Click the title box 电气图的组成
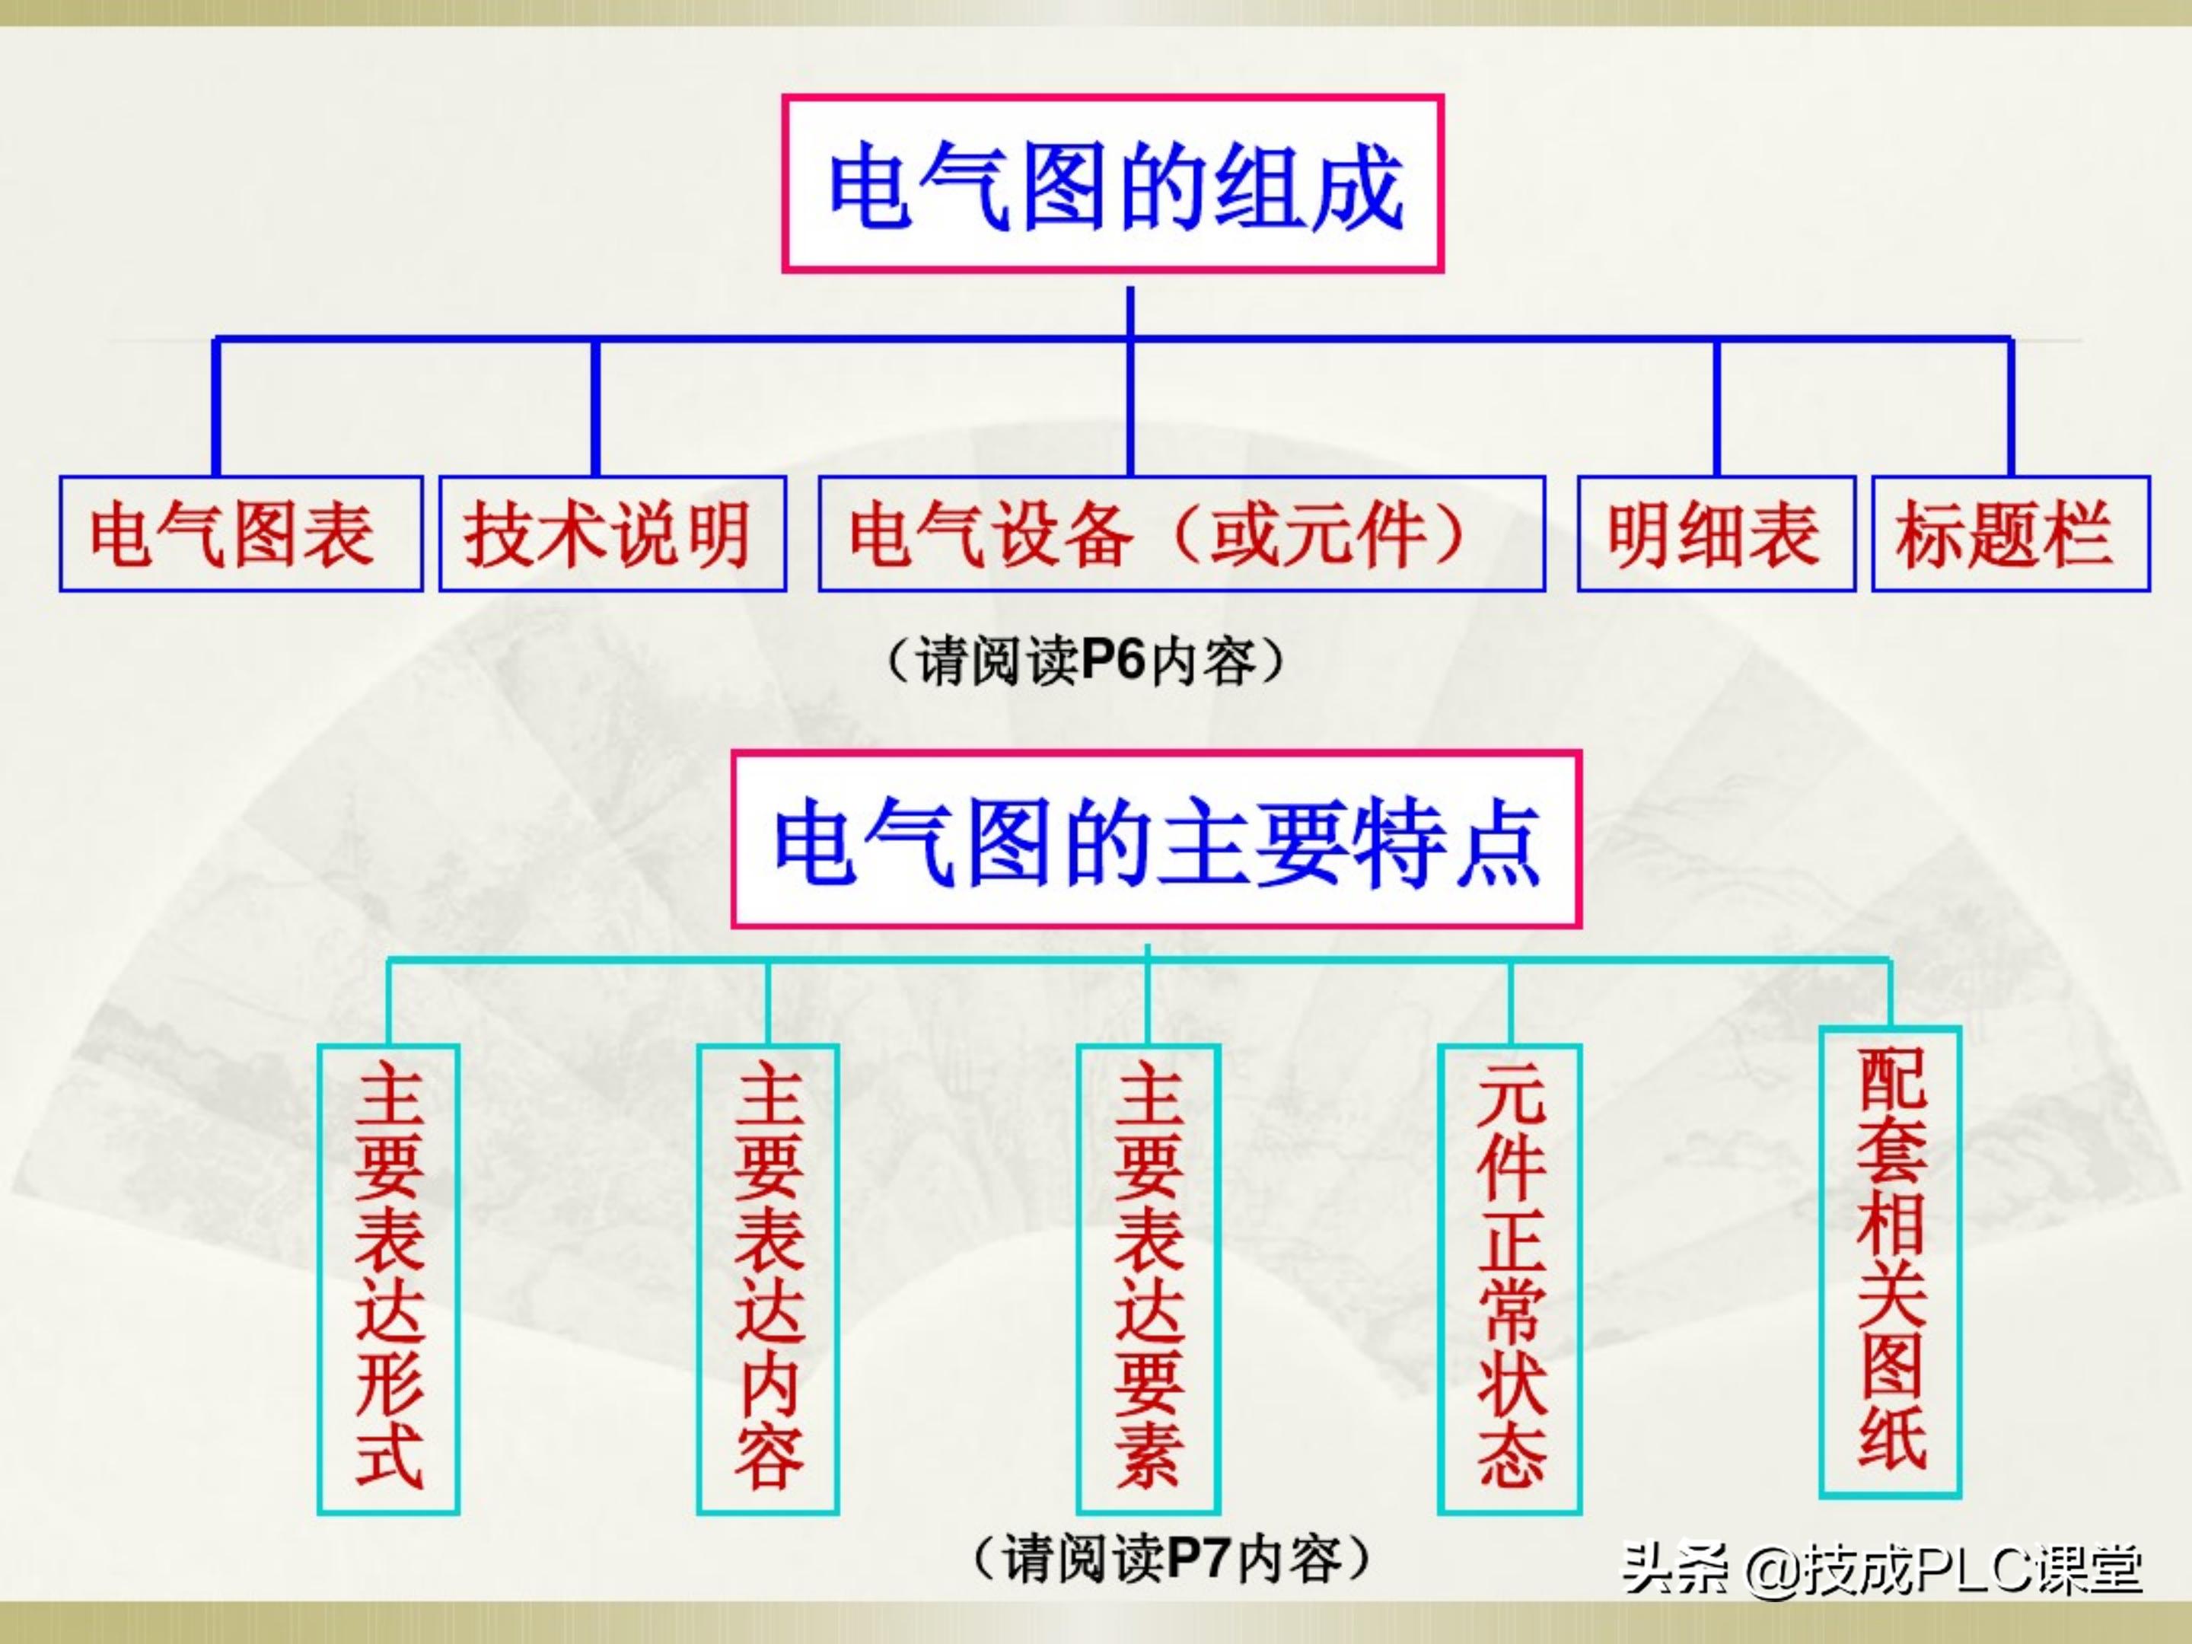1112,184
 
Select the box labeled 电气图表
241,534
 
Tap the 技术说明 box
613,534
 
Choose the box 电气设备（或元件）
1181,534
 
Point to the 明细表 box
1716,534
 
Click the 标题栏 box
2009,534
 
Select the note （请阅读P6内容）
1085,661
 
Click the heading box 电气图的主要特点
1155,840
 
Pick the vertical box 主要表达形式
388,1279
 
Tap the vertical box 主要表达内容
768,1279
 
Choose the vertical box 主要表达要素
1149,1279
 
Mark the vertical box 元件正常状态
1509,1279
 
